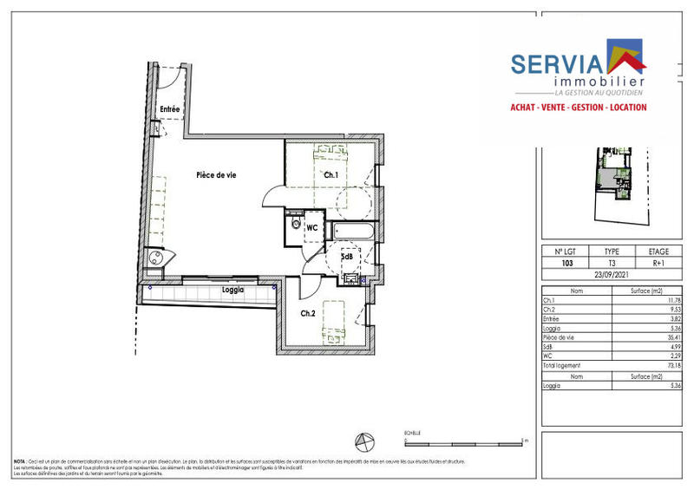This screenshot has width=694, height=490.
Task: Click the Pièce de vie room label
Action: [216, 175]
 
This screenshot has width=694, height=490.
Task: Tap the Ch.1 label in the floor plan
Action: [331, 176]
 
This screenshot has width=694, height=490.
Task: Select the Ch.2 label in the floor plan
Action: [308, 313]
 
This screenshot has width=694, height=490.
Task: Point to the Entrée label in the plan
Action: [169, 109]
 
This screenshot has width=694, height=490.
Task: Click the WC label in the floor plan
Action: [312, 228]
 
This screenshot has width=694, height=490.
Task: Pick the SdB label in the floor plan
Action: [346, 257]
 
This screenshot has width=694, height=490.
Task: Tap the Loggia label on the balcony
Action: [232, 290]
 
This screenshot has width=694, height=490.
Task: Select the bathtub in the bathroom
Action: [355, 232]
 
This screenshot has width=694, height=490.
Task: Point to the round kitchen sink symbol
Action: [156, 258]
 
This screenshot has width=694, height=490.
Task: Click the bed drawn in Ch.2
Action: [334, 317]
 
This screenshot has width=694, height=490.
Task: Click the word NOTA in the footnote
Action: [20, 462]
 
